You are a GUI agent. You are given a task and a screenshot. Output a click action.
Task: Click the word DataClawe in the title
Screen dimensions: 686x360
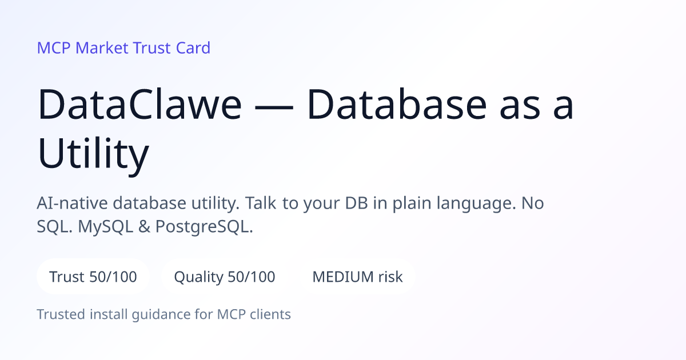(x=139, y=104)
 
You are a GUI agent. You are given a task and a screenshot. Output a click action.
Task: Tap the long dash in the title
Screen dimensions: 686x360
(x=274, y=106)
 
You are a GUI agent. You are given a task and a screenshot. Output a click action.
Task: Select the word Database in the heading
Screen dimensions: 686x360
(x=397, y=103)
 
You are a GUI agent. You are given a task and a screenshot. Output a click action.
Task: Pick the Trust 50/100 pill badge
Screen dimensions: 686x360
(x=93, y=277)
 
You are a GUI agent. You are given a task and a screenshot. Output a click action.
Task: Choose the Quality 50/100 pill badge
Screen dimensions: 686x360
(x=225, y=277)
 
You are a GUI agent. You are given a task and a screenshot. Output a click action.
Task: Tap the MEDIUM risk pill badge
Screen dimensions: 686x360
(x=357, y=277)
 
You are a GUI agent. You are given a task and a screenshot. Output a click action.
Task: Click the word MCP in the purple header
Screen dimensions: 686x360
(x=54, y=48)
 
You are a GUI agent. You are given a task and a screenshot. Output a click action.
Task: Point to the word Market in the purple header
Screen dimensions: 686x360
(x=102, y=48)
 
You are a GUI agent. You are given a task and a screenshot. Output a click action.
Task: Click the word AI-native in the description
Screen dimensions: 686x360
(x=72, y=203)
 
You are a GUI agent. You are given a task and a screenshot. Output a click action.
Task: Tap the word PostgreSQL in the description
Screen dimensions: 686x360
(x=204, y=226)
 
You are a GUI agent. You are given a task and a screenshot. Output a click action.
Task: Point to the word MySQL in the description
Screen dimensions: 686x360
(x=105, y=227)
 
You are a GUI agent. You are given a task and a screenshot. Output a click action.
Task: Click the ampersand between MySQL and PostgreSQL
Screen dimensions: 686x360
(x=144, y=226)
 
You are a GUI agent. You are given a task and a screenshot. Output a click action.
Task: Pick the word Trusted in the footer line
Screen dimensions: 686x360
(x=61, y=314)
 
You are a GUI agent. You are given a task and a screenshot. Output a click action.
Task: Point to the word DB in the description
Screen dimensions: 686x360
(x=356, y=203)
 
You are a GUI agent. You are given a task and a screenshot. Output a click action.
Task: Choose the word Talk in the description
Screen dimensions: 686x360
(x=261, y=203)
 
